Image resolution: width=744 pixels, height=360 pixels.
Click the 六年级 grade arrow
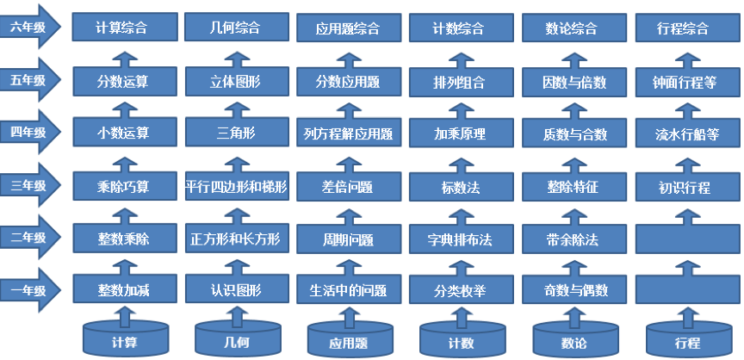click(30, 27)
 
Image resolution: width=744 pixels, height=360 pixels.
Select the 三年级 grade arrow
click(30, 185)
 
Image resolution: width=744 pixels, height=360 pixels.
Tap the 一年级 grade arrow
click(30, 290)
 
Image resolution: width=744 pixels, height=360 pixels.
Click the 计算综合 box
click(125, 27)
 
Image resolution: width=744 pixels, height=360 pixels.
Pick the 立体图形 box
click(237, 82)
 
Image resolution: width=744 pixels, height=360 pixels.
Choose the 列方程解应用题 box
click(349, 133)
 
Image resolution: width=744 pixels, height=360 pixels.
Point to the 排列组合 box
click(462, 82)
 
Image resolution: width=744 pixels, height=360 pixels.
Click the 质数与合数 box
click(574, 133)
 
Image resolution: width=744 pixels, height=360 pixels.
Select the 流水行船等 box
click(687, 133)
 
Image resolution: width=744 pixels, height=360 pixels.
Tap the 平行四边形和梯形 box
click(237, 186)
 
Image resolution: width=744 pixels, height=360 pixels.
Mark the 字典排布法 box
click(462, 239)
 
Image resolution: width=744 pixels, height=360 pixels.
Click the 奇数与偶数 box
click(574, 289)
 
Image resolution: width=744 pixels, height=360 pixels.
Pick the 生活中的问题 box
click(349, 289)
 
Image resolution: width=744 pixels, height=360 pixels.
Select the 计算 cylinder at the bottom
click(125, 339)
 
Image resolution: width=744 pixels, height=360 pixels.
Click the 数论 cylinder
click(575, 340)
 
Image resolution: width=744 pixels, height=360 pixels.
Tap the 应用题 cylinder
click(350, 340)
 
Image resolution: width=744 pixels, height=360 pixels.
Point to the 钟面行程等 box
click(687, 82)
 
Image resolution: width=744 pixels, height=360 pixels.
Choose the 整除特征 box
click(574, 186)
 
